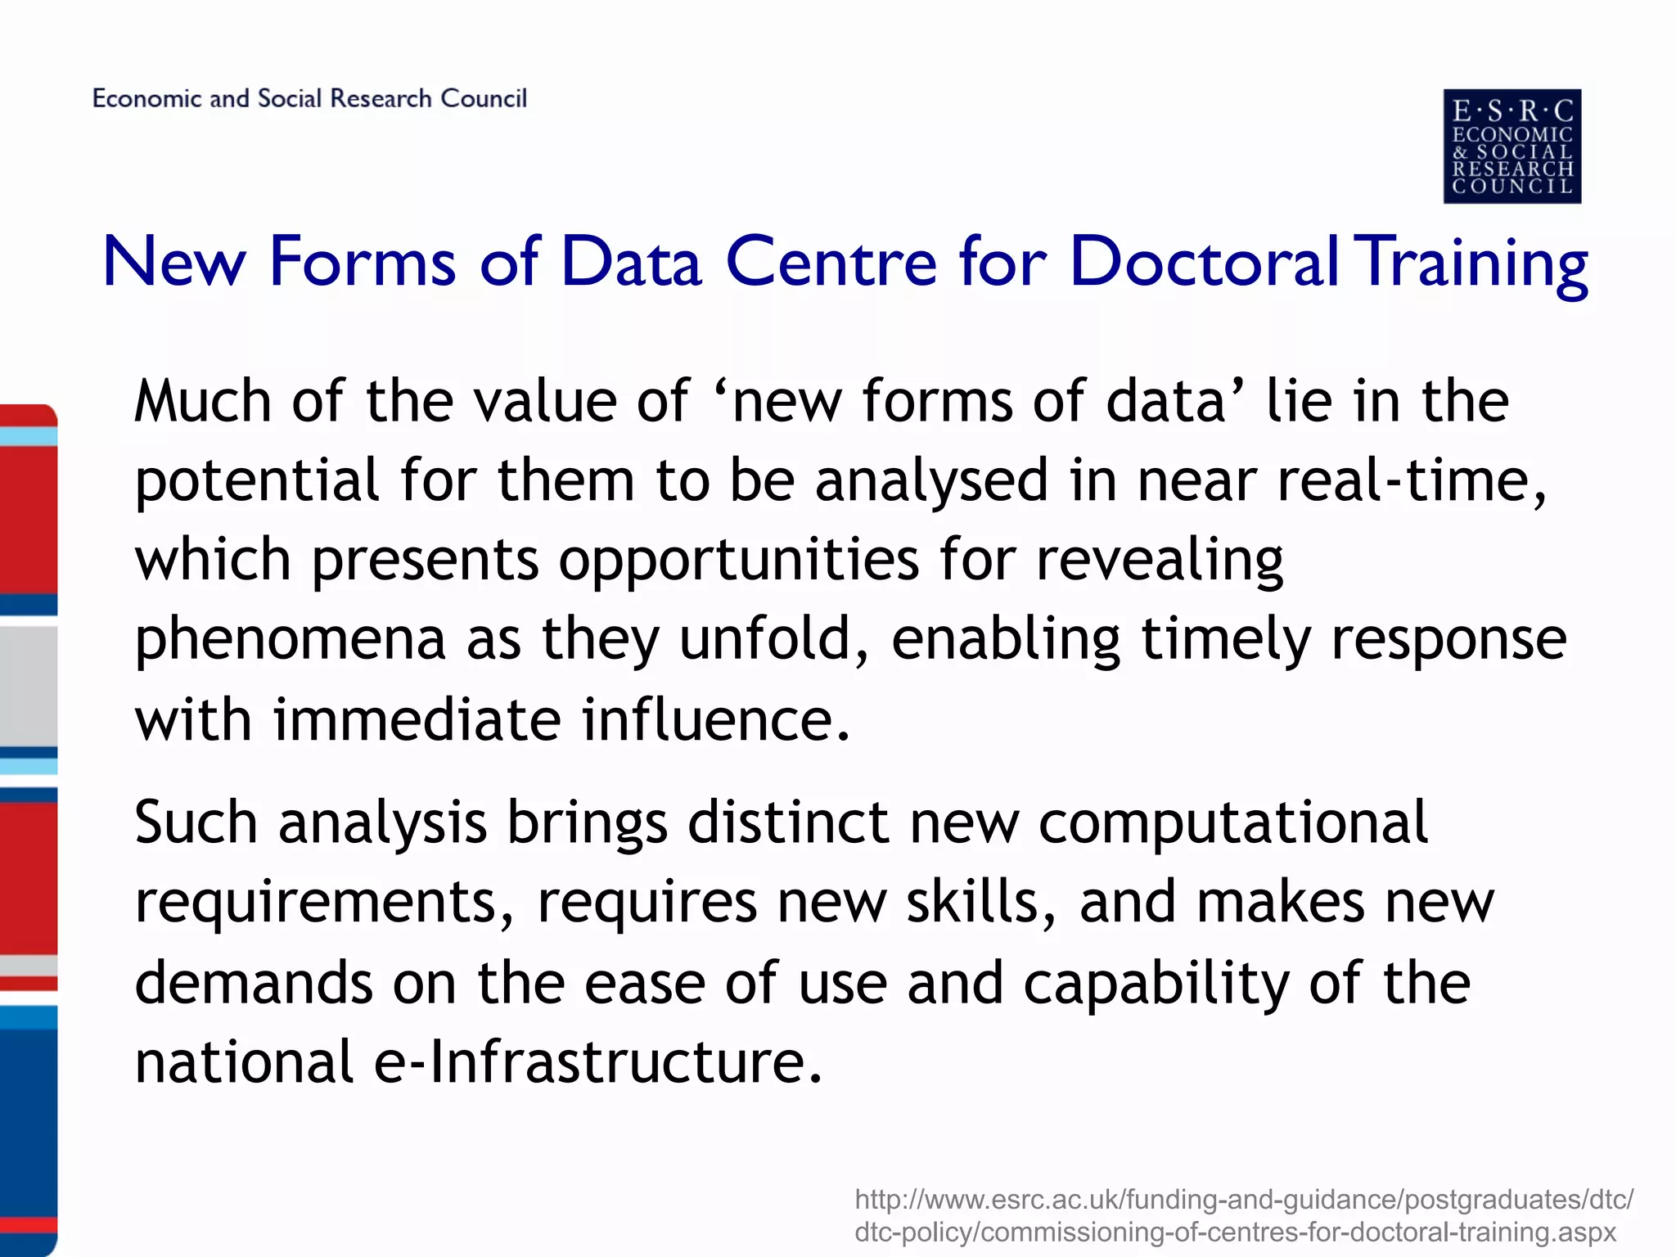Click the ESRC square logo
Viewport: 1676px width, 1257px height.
(1512, 146)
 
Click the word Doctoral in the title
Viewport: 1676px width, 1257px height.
(1203, 262)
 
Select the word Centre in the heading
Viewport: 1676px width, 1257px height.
(831, 262)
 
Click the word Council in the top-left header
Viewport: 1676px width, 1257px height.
(484, 98)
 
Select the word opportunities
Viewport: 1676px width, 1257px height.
(739, 560)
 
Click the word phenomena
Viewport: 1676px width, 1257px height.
(291, 640)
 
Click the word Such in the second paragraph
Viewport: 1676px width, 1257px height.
(196, 822)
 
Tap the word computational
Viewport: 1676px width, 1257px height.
(1232, 822)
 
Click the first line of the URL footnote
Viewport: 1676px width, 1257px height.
(1243, 1200)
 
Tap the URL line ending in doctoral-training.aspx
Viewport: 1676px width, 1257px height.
(1235, 1232)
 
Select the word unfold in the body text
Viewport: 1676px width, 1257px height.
(765, 640)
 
